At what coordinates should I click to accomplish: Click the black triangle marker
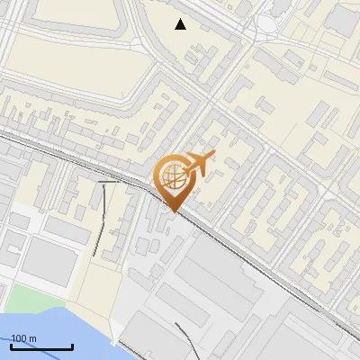click(x=181, y=24)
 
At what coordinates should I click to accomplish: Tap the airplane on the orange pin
click(x=198, y=164)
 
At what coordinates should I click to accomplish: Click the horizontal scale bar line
click(x=41, y=346)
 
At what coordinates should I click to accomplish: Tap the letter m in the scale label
click(x=32, y=338)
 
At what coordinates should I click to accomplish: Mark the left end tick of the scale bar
click(x=11, y=346)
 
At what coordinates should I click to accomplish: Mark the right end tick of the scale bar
click(x=72, y=346)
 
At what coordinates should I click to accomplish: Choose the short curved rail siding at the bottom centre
click(x=184, y=337)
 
